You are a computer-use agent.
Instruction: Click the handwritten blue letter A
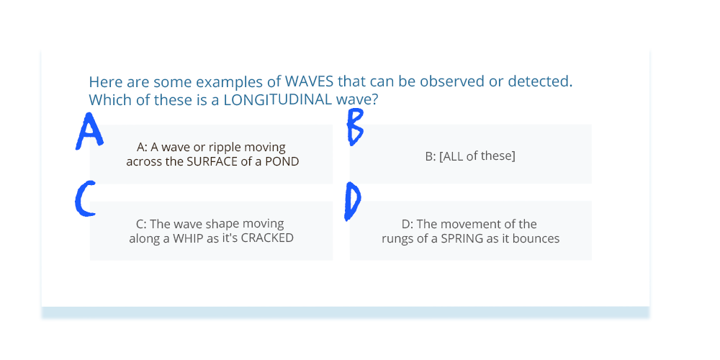click(89, 132)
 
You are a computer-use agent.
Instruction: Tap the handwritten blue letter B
click(355, 127)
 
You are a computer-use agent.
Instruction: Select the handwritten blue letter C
click(85, 199)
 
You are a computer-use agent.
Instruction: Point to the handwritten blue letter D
click(352, 200)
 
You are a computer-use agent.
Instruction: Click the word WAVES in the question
click(310, 82)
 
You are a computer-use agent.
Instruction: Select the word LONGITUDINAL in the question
click(278, 99)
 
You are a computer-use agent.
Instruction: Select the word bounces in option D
click(540, 239)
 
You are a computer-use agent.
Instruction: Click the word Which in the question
click(104, 99)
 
